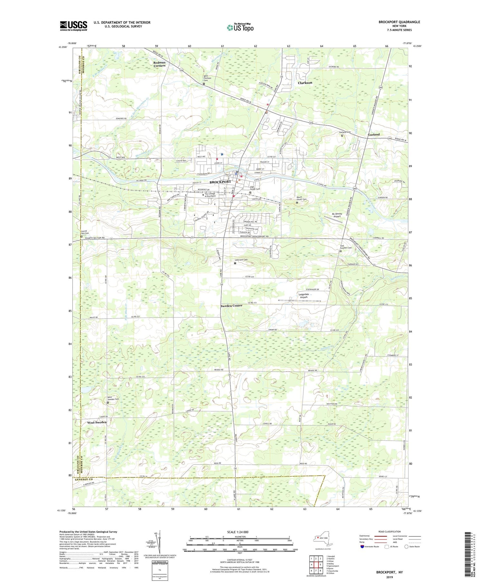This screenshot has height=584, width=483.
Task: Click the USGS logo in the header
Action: click(73, 26)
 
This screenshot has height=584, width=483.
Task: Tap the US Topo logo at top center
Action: click(240, 28)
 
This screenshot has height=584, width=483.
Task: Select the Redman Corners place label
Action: click(159, 64)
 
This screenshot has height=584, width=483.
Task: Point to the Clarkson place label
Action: click(305, 83)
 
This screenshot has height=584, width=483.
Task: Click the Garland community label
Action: click(374, 134)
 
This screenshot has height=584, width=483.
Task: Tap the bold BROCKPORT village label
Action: click(220, 182)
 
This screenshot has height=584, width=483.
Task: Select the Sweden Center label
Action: click(231, 305)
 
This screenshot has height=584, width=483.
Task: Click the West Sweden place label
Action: click(97, 422)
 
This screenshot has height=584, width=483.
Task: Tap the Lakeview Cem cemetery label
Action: click(241, 260)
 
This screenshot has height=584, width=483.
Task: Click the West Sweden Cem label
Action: click(113, 398)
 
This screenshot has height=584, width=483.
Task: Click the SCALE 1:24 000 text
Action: click(239, 532)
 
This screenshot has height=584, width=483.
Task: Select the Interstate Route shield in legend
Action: click(362, 547)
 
